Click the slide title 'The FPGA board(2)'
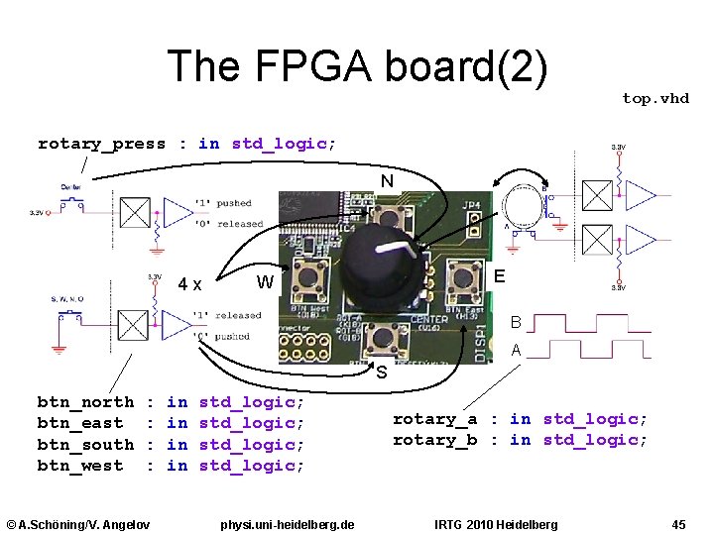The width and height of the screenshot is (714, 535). tap(357, 66)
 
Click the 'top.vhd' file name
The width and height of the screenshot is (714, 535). tap(654, 98)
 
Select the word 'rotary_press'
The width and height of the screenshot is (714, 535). tap(101, 144)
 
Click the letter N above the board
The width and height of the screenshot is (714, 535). tap(387, 181)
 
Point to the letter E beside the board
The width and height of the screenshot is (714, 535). tap(501, 277)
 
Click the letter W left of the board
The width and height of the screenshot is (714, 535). tap(265, 281)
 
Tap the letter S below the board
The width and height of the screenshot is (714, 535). tap(381, 373)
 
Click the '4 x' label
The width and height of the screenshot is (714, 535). tap(190, 285)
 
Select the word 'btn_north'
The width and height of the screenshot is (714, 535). tap(85, 402)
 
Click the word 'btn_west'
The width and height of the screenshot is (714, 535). tap(80, 466)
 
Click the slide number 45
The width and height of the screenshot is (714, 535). tap(678, 523)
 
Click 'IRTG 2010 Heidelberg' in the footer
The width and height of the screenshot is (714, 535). tap(496, 523)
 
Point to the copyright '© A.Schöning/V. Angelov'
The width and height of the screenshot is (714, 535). tap(78, 523)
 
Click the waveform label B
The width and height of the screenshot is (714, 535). tap(516, 322)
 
